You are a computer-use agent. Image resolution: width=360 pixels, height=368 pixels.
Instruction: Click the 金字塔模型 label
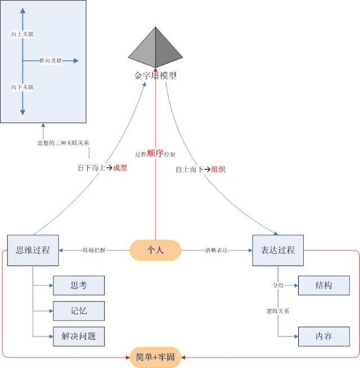click(x=156, y=75)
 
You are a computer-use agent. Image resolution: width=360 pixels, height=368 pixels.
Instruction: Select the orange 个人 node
click(x=155, y=250)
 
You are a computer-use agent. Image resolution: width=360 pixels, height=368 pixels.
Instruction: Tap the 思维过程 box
click(x=33, y=250)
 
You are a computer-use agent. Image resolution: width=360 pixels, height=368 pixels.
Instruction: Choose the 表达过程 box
click(x=278, y=250)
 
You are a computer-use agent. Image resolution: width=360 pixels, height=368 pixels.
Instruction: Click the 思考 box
click(x=79, y=285)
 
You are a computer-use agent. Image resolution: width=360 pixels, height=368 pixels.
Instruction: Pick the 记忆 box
click(x=79, y=311)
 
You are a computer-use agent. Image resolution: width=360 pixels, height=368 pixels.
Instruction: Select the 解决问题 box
click(x=79, y=336)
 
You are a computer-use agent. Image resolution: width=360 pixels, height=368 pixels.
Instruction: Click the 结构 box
click(x=323, y=285)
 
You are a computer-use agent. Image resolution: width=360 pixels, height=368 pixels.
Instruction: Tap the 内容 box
click(x=323, y=336)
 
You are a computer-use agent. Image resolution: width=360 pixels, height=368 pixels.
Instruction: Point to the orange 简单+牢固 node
click(x=155, y=356)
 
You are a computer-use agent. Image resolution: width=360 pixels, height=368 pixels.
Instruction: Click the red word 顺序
click(x=155, y=153)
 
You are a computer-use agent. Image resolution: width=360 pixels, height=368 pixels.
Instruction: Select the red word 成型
click(x=120, y=168)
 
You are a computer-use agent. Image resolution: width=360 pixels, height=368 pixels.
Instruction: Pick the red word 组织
click(x=218, y=168)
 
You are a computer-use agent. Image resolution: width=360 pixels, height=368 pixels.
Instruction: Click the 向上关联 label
click(x=22, y=34)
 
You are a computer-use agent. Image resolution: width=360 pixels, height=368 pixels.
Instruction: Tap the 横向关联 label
click(x=51, y=60)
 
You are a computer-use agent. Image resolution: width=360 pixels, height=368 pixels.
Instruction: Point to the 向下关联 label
click(x=22, y=87)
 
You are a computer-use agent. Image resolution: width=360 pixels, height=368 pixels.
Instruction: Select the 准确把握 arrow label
click(x=93, y=250)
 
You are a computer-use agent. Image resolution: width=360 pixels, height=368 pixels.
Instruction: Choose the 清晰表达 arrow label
click(x=216, y=250)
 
